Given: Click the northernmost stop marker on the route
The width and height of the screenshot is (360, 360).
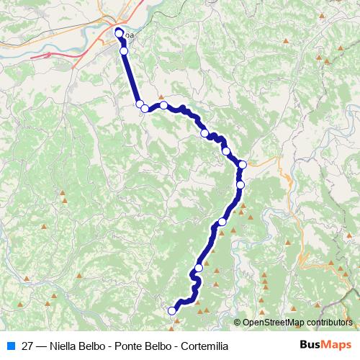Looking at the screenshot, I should pos(120,32).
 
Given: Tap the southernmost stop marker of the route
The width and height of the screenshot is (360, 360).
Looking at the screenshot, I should pos(172,311).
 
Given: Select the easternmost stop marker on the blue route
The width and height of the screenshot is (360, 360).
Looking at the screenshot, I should pos(243,165).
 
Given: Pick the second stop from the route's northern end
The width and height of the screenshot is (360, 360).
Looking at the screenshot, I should pos(124,51).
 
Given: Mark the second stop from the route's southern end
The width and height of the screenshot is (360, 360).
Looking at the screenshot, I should pos(199,268).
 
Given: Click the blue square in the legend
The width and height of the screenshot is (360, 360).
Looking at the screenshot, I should pos(11,346).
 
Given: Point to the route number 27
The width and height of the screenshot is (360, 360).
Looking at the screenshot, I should pos(28,346).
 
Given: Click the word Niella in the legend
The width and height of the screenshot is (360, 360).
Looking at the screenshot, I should pos(65,346).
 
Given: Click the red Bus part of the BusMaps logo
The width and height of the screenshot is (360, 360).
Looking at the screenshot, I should pos(312,346).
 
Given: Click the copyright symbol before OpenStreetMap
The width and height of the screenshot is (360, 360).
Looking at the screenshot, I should pos(238,323).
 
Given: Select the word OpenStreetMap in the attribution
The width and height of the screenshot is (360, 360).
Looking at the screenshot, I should pos(275,323).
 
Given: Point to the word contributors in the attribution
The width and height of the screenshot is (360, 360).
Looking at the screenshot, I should pos(330,323).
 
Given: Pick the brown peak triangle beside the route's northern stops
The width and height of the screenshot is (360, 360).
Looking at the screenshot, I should pos(161,97).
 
